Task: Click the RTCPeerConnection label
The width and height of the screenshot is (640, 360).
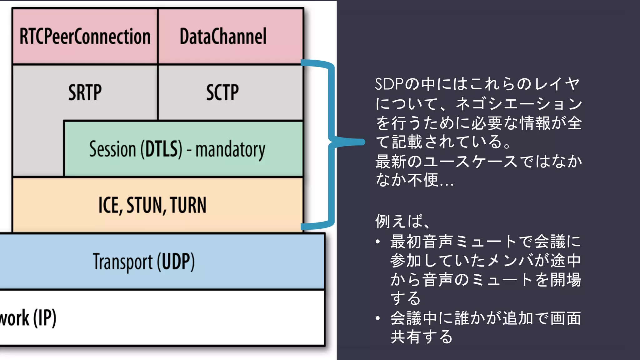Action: [85, 37]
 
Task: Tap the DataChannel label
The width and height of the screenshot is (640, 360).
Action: [223, 37]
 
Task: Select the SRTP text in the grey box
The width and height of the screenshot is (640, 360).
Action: [85, 92]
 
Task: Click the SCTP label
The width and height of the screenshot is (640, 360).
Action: [222, 92]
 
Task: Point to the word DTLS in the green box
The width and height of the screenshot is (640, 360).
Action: [161, 149]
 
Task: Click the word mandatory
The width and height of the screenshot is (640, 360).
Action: [230, 150]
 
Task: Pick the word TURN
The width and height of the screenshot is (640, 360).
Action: [188, 205]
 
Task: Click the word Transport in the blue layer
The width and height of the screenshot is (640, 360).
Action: [123, 262]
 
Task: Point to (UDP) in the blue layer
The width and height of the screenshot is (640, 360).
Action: [176, 262]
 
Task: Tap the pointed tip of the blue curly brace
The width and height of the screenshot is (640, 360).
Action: [362, 142]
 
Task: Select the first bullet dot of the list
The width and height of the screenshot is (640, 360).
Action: [378, 242]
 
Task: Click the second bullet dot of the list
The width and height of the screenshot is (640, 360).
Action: [378, 318]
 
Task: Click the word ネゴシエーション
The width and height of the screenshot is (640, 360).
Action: [519, 103]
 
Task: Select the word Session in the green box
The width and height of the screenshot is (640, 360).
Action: [112, 149]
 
